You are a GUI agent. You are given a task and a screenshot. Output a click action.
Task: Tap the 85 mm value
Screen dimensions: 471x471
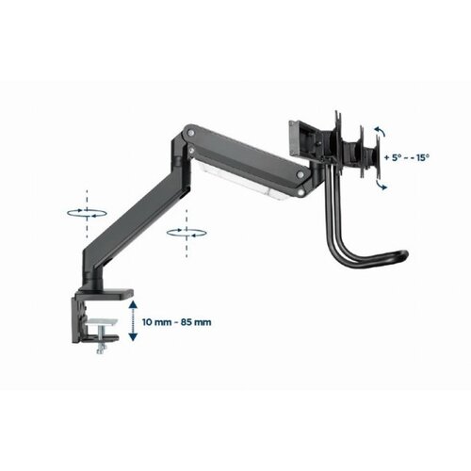196,322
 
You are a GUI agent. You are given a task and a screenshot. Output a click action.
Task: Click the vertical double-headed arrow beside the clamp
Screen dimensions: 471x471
133,320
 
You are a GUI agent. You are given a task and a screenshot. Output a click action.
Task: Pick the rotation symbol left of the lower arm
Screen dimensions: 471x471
87,213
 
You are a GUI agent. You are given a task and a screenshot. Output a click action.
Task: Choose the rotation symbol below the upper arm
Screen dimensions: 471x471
187,233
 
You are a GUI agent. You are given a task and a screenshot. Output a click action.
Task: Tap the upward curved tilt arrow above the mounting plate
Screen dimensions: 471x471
380,131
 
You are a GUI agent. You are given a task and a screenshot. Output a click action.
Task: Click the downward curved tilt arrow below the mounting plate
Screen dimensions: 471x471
381,186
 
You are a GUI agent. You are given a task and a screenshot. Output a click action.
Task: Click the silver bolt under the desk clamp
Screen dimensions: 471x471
101,344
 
